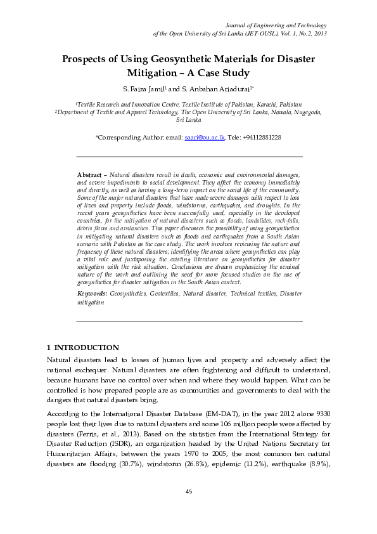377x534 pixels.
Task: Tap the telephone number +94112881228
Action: coord(260,137)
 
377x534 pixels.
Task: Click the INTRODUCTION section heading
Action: coord(87,348)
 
